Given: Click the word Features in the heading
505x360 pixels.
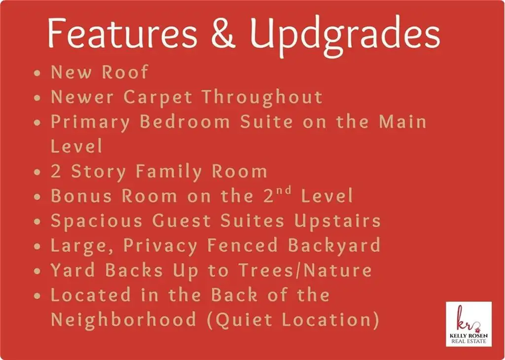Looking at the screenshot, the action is tap(122, 33).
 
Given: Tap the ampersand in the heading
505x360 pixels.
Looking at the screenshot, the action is tap(223, 34).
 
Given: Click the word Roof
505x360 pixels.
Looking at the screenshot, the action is tap(125, 72).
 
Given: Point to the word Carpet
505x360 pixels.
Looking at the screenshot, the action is tap(158, 98).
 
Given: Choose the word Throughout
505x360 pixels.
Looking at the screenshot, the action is tap(262, 98).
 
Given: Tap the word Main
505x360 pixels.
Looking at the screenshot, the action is tap(402, 122).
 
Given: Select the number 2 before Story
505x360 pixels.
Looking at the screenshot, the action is tap(56, 171).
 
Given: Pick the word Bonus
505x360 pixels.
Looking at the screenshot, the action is tap(81, 196).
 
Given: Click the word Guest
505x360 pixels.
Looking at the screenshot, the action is tap(181, 221).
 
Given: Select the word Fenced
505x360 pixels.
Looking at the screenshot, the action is tap(243, 246).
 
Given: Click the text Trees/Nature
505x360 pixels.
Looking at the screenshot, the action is tap(305, 270).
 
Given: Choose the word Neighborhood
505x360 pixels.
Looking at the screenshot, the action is tap(124, 321).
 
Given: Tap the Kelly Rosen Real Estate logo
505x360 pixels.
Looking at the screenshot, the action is tap(469, 324).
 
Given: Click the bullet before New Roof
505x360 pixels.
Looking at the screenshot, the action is tap(37, 73).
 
